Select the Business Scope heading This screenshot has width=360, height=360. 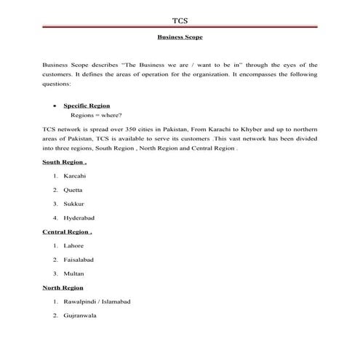[180, 35]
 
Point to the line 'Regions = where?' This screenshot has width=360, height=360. [95, 115]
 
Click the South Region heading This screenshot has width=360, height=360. [65, 162]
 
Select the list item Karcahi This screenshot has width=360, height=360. [75, 177]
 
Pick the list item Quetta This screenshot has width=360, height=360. [73, 191]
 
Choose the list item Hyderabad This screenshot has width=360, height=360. [79, 218]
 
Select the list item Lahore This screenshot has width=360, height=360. [74, 246]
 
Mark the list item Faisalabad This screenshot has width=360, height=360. [79, 260]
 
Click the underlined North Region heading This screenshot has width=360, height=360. [63, 288]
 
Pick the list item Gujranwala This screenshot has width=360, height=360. [81, 316]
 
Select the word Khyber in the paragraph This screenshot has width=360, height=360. [257, 129]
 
